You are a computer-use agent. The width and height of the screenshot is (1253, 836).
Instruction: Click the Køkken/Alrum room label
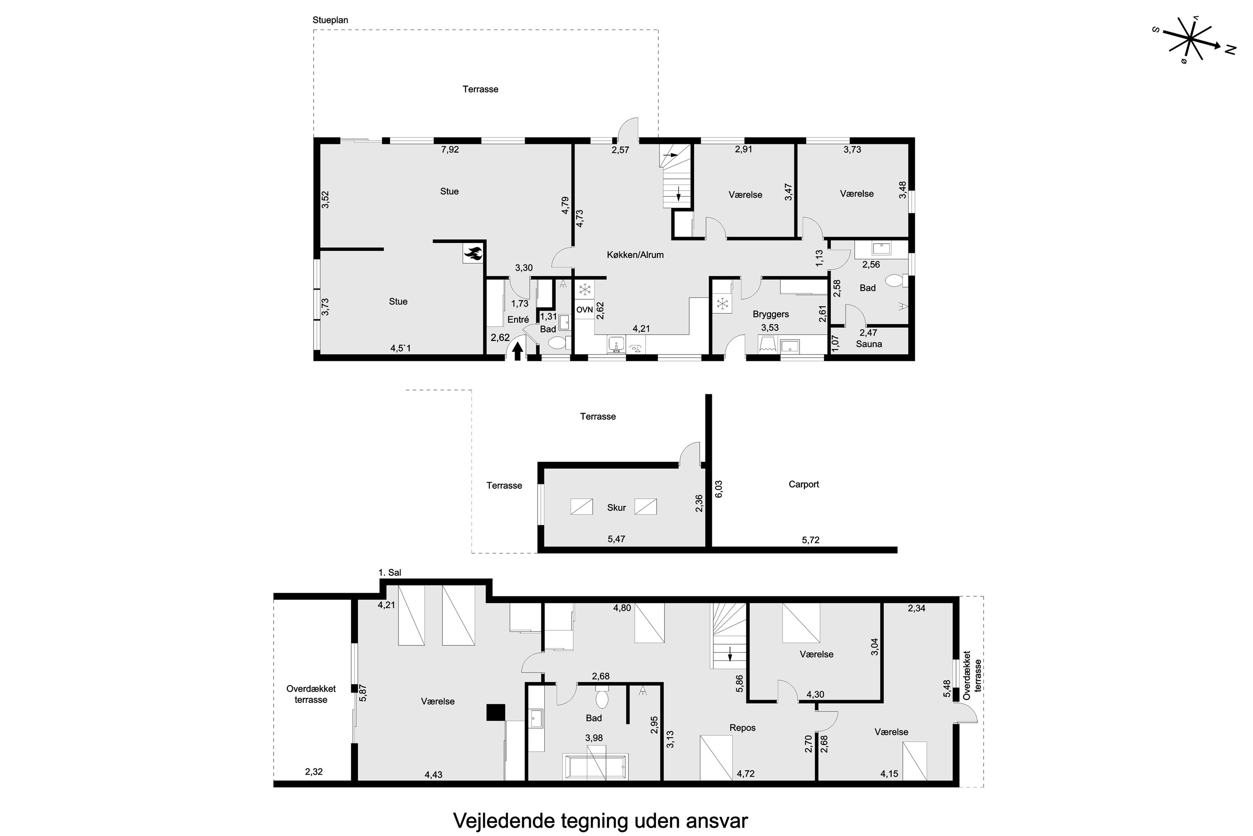(x=635, y=255)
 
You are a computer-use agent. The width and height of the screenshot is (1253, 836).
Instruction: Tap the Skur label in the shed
(x=616, y=507)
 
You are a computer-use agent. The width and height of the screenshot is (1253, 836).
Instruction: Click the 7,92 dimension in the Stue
(x=450, y=150)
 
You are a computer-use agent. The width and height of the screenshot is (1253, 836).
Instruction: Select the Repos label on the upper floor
(x=742, y=728)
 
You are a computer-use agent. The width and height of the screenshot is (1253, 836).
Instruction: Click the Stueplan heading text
(x=330, y=20)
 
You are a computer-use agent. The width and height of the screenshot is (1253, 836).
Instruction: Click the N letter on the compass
(x=1230, y=50)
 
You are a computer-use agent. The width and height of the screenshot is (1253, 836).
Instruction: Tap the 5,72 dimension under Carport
(x=810, y=540)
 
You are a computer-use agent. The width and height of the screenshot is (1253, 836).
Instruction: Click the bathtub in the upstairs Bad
(x=596, y=767)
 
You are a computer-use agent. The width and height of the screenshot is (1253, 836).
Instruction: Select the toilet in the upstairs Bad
(x=601, y=697)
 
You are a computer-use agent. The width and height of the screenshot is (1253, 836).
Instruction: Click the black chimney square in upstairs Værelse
(x=495, y=712)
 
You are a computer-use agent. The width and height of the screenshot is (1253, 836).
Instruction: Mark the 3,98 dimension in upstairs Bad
(x=594, y=738)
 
